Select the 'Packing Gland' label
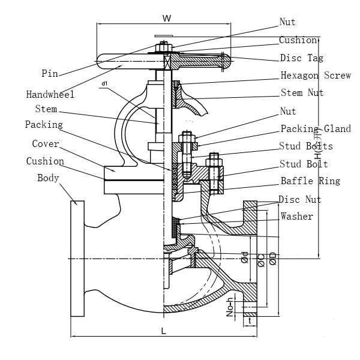pos(316,129)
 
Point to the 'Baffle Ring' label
pos(310,181)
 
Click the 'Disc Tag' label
pos(302,58)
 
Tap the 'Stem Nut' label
pos(302,93)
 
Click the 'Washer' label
pos(296,216)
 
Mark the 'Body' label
pos(48,178)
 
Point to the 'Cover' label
pos(45,144)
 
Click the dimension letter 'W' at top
pos(167,19)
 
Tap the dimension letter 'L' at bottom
pos(164,331)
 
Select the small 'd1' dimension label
pos(104,83)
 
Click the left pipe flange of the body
pos(77,258)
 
